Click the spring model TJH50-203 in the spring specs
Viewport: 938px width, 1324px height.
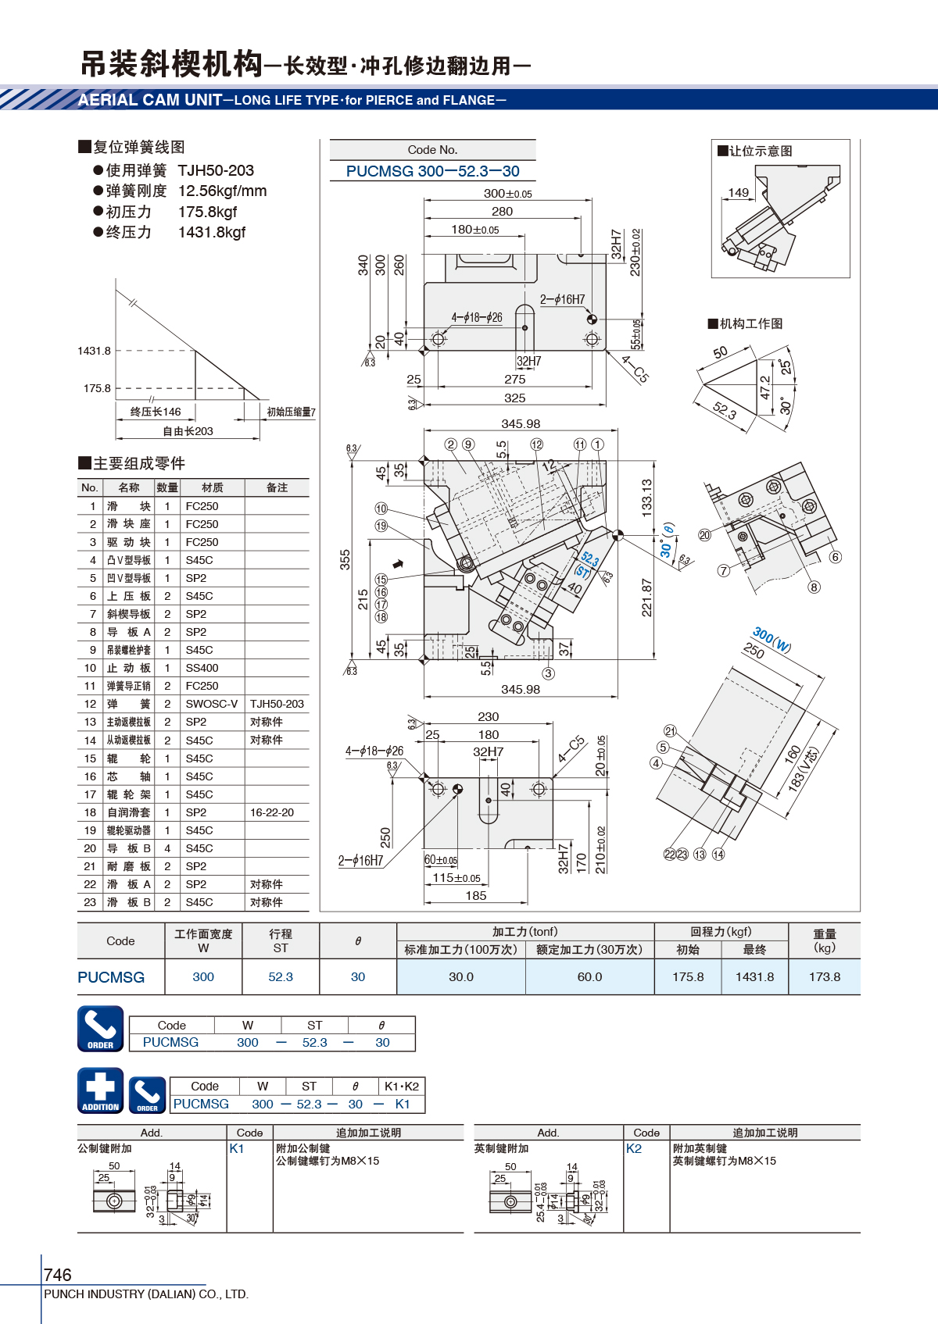(216, 171)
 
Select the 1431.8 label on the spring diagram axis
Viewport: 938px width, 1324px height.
(94, 351)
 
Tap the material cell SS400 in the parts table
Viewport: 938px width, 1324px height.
(202, 668)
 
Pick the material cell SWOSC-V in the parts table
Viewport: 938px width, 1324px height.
(211, 704)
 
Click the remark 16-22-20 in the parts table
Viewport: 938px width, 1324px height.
(271, 812)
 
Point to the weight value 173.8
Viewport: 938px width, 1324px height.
(824, 976)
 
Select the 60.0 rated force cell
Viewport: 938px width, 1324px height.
(589, 976)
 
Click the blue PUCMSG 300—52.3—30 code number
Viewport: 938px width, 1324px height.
(432, 171)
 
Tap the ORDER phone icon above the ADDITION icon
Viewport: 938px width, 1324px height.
(101, 1029)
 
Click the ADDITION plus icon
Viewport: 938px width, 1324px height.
(101, 1090)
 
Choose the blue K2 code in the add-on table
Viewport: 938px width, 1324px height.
(633, 1148)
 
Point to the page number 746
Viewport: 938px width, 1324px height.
(57, 1274)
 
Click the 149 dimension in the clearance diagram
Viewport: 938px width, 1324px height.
(738, 193)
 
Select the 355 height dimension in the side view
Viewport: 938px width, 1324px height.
(345, 560)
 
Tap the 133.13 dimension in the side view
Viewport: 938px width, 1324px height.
(646, 498)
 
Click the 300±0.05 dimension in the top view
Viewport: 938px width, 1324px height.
(507, 193)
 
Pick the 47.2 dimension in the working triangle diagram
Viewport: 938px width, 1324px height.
(764, 387)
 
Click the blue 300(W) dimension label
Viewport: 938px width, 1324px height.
(772, 640)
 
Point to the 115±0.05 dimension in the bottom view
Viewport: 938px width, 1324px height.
(456, 878)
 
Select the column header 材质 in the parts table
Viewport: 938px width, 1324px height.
(213, 487)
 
